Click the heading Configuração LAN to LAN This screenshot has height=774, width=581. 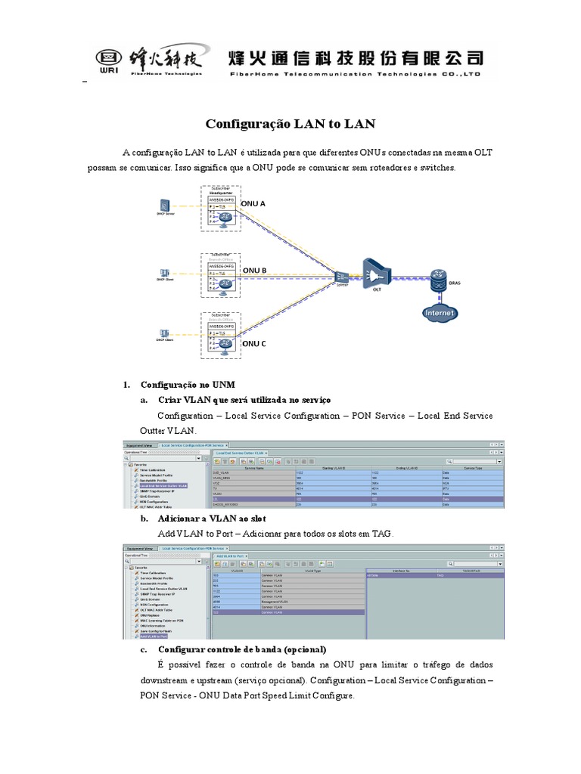tap(290, 123)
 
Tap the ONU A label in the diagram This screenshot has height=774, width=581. tap(253, 204)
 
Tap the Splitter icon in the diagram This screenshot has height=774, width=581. tap(342, 276)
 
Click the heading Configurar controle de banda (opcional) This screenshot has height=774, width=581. tap(241, 649)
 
